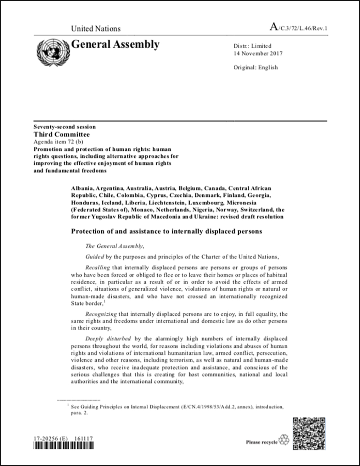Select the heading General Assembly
(115, 45)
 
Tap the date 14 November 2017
(258, 54)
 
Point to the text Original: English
(255, 67)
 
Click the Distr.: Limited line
(252, 46)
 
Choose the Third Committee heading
(62, 134)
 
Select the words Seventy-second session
(64, 127)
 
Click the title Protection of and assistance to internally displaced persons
(167, 231)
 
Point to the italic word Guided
(95, 257)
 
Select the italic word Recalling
(97, 268)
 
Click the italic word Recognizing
(101, 314)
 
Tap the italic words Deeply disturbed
(108, 339)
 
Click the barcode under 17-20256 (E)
(63, 446)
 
